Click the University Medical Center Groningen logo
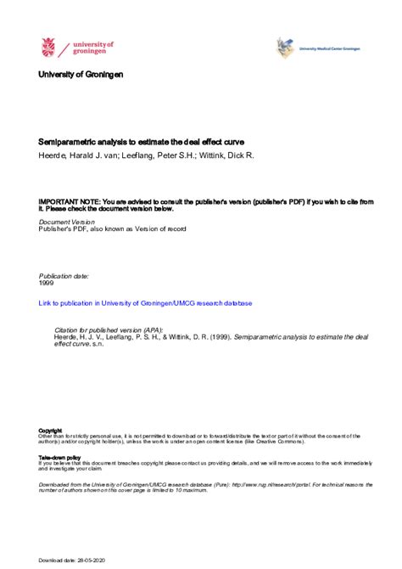click(x=286, y=48)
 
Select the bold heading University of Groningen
click(x=81, y=75)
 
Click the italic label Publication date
click(x=64, y=276)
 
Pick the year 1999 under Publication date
click(x=47, y=284)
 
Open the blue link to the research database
click(x=145, y=302)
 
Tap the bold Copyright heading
click(x=50, y=430)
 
